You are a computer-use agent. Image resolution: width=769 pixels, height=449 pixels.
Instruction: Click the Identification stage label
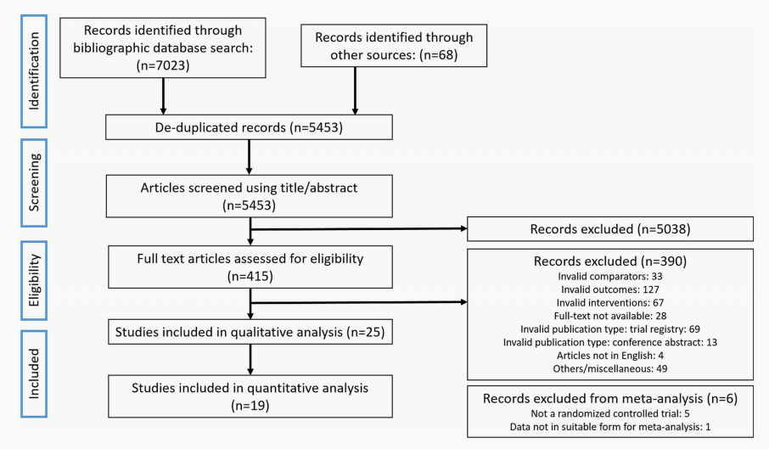34,71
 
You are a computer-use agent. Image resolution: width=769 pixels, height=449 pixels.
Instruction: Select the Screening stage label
34,182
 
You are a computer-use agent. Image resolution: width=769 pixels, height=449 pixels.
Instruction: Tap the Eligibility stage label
34,280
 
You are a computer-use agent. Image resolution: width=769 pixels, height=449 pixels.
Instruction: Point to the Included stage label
34,373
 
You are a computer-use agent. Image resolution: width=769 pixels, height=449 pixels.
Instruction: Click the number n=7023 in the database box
163,65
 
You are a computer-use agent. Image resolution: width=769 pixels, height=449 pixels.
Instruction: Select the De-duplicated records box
250,127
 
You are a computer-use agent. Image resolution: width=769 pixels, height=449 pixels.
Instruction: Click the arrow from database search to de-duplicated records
163,97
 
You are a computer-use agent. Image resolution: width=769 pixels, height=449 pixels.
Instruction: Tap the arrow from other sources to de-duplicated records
355,91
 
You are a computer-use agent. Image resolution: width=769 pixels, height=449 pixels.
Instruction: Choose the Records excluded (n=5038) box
610,229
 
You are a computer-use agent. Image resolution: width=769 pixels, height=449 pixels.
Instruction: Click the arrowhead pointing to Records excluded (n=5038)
463,228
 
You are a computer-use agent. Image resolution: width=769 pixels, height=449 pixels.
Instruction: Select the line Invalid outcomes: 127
610,289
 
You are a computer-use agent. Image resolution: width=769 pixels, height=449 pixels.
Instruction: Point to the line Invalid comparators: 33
610,277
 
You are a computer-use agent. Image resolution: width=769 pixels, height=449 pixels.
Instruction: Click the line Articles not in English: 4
610,356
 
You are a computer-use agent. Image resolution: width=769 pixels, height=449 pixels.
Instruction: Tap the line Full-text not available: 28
610,316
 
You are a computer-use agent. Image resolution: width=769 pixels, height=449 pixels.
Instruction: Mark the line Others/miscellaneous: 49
610,369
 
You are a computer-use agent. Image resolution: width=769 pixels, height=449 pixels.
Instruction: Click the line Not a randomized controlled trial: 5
610,414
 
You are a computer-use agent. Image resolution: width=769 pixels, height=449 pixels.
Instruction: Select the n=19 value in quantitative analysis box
250,406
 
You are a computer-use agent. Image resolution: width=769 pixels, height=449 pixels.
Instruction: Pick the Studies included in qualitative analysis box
250,332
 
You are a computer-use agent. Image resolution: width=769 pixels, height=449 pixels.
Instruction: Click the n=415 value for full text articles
250,277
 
